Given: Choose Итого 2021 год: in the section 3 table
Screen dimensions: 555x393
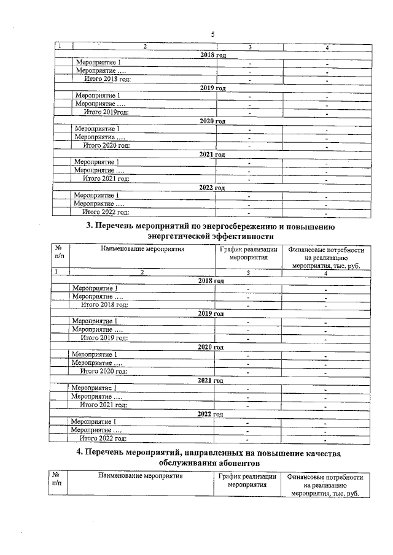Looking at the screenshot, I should tap(104, 405).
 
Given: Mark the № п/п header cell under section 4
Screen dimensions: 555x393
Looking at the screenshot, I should tap(56, 479).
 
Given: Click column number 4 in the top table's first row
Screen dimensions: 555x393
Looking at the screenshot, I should tap(327, 47).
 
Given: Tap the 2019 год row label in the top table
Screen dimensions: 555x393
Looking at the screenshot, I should tap(213, 88).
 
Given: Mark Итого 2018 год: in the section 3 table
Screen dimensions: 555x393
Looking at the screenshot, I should tap(104, 304).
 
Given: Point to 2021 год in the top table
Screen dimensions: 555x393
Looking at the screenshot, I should tap(212, 154).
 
